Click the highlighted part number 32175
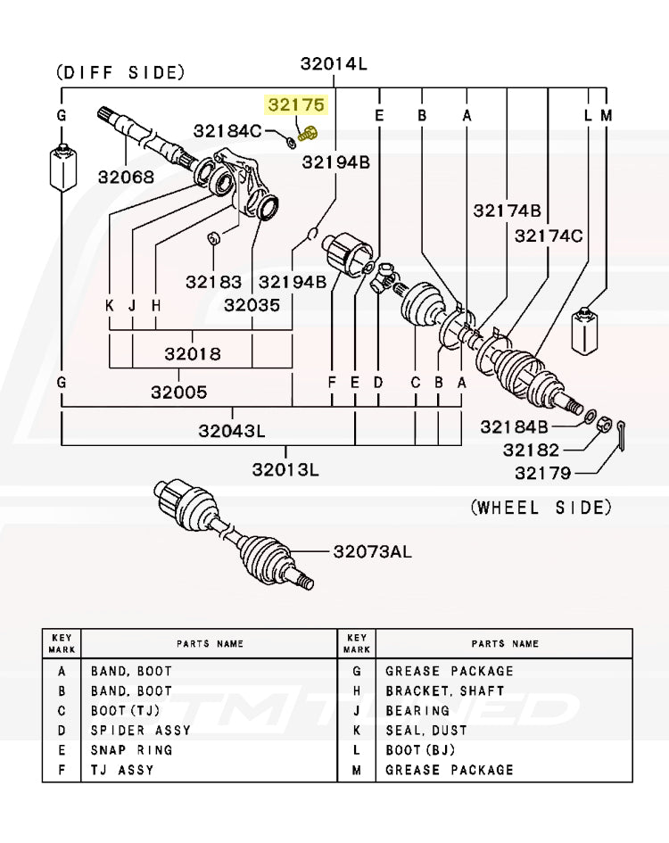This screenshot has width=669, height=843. (x=298, y=106)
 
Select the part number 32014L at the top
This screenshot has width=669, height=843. (x=334, y=63)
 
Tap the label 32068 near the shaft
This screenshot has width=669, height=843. (x=127, y=177)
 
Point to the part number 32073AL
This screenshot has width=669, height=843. (x=373, y=552)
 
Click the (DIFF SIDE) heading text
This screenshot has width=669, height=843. (x=120, y=72)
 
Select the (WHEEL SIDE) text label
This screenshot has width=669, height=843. (x=541, y=508)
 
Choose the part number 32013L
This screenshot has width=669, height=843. (x=285, y=469)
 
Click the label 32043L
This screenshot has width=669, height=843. (x=232, y=431)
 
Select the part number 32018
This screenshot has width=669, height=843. (x=193, y=354)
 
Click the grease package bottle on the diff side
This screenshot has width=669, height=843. (x=62, y=165)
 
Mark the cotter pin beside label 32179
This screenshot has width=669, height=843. (x=624, y=431)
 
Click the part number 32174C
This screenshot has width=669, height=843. (x=549, y=236)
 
